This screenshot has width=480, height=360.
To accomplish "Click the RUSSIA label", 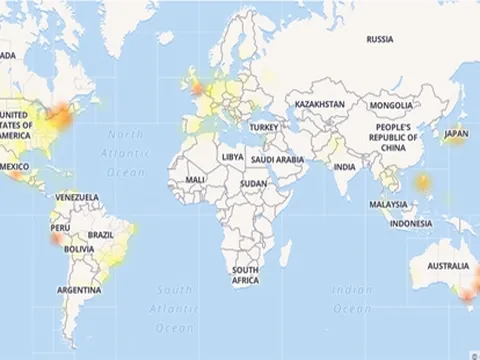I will point(380,40).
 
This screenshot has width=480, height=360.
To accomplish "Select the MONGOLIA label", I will point(390,104).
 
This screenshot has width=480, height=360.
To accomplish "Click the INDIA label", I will point(345,166).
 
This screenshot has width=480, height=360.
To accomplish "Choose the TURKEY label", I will point(264,128).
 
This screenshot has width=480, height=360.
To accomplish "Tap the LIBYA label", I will point(232,157).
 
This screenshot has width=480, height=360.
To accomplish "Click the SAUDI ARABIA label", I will point(277,158).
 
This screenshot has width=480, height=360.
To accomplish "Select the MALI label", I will point(195,179).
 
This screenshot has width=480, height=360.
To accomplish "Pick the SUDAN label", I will point(254,184).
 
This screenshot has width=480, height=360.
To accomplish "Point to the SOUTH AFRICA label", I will point(247,275).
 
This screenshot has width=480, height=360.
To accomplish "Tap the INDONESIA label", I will point(411,223).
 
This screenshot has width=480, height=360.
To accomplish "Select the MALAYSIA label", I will point(388,204).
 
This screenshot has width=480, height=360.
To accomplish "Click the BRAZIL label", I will point(101,234).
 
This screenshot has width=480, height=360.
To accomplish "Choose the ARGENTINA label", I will point(79,290).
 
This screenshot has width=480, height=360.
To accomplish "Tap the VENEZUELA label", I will point(77,196).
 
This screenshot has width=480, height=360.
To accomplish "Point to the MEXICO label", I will point(14,165).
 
